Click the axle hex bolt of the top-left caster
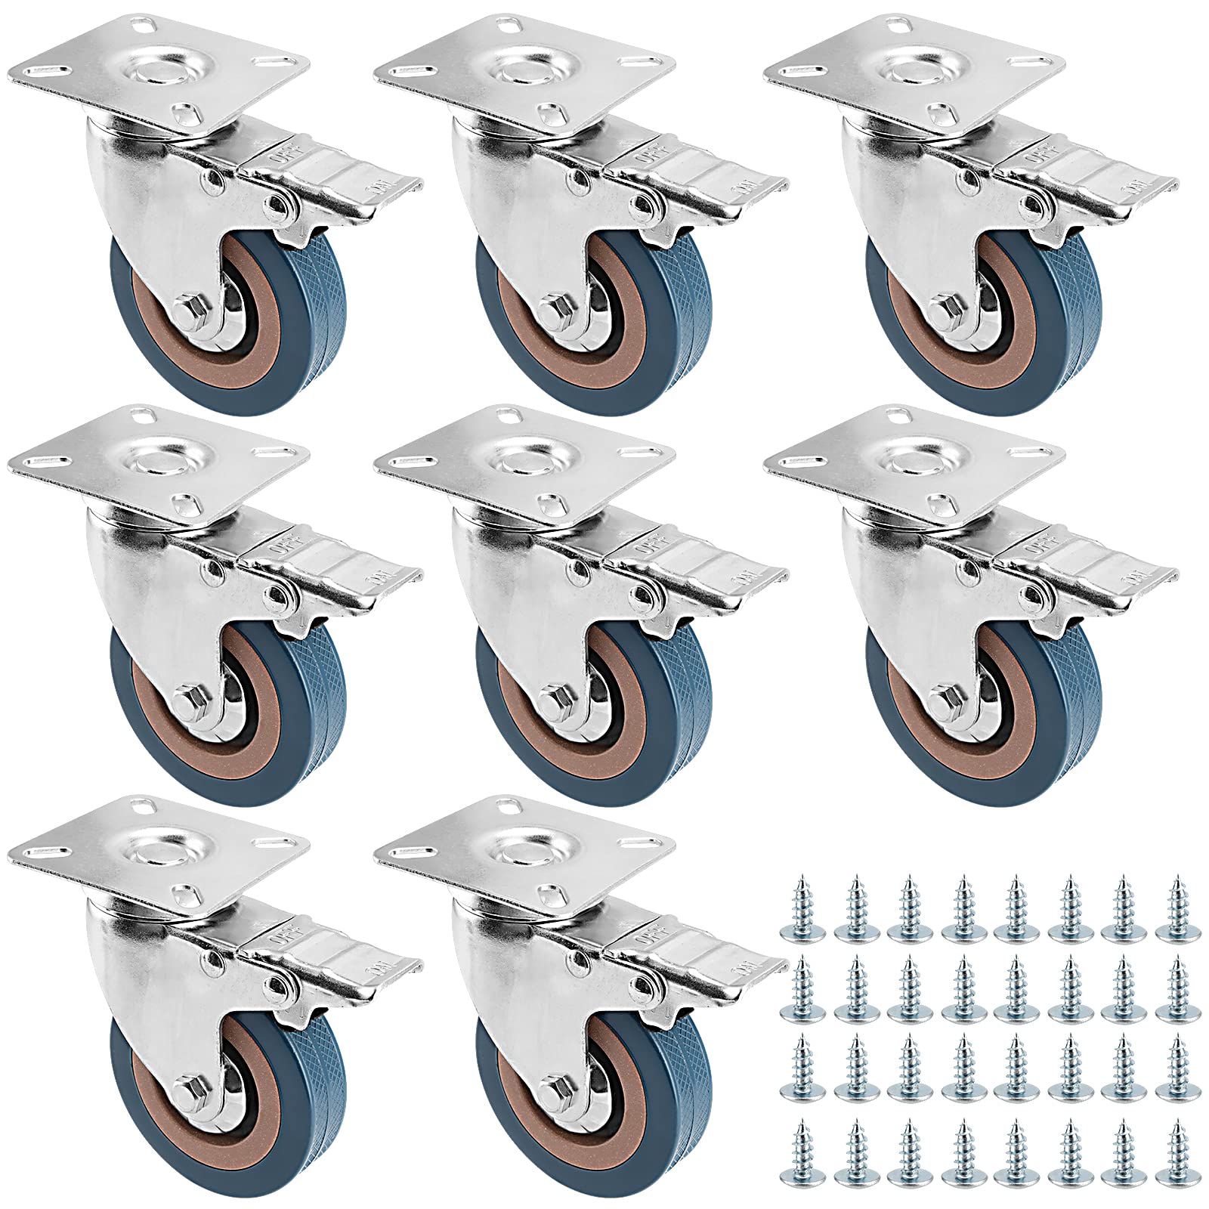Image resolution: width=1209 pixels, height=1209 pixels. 186,311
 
